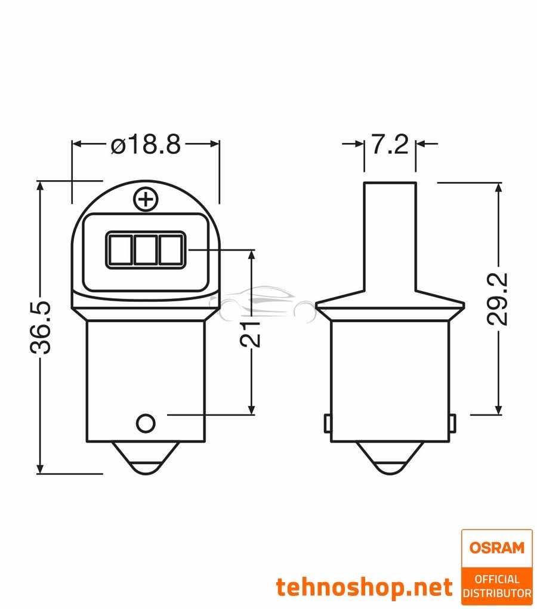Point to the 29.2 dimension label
tap(496, 299)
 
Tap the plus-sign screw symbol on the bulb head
tap(145, 199)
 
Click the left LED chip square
tap(120, 249)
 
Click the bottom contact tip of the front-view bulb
tap(146, 462)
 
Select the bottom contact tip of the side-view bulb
tap(390, 462)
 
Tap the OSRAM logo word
tap(496, 548)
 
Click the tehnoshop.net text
tap(364, 587)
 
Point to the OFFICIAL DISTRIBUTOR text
tap(497, 586)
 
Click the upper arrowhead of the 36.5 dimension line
tap(41, 187)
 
